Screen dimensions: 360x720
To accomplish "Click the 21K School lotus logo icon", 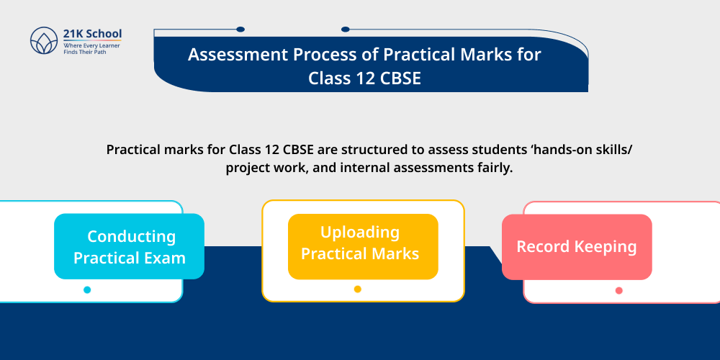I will tap(43, 40).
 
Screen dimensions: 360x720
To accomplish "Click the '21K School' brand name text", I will tap(92, 34).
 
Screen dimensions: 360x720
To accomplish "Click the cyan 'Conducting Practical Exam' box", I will tap(129, 246).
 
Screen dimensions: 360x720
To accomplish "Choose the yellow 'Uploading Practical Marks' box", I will tap(363, 246).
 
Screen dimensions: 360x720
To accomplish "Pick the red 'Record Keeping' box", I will tap(577, 247).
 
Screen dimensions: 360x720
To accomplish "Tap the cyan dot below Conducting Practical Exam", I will tap(87, 290).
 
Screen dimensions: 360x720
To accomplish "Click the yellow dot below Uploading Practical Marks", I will tap(358, 289).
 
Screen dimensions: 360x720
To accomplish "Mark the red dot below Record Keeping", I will tap(619, 291).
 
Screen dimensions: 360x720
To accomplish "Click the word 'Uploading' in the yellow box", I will tap(360, 232).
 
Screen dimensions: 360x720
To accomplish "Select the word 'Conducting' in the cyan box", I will tap(131, 236).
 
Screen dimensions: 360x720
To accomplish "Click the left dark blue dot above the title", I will tap(240, 30).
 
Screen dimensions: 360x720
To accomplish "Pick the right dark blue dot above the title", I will tap(346, 30).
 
